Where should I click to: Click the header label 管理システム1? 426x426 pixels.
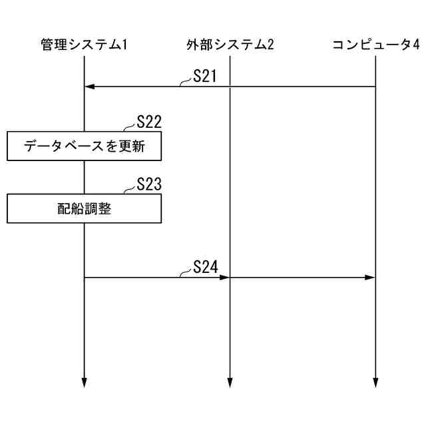pyautogui.click(x=83, y=45)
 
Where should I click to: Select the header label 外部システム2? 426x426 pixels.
pyautogui.click(x=230, y=45)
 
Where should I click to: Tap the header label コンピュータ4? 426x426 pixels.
pyautogui.click(x=375, y=45)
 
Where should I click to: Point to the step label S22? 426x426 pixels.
pyautogui.click(x=149, y=122)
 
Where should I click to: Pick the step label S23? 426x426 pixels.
pyautogui.click(x=149, y=184)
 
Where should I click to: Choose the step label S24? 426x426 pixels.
pyautogui.click(x=206, y=267)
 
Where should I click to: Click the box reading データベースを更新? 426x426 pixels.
pyautogui.click(x=85, y=146)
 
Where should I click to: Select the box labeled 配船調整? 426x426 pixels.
pyautogui.click(x=85, y=208)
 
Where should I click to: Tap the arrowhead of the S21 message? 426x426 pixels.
pyautogui.click(x=89, y=87)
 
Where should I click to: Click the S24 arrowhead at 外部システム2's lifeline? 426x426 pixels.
pyautogui.click(x=225, y=277)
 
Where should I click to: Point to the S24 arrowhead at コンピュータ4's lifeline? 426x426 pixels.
pyautogui.click(x=371, y=277)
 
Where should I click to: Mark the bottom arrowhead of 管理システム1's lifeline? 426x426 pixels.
pyautogui.click(x=85, y=382)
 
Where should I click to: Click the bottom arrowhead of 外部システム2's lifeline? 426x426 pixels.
pyautogui.click(x=230, y=382)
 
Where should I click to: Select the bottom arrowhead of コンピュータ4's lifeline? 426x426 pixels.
pyautogui.click(x=375, y=382)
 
